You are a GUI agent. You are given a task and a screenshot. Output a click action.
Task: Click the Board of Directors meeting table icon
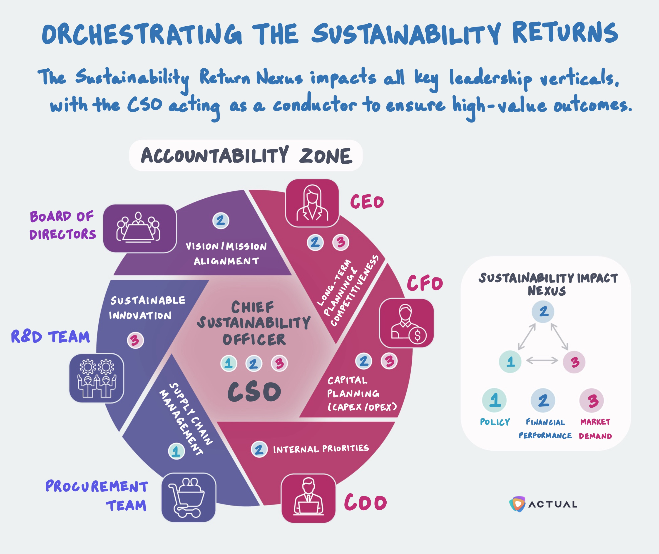[140, 228]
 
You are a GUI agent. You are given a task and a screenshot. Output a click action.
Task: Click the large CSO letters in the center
[254, 392]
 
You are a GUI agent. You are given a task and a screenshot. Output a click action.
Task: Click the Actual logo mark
[517, 504]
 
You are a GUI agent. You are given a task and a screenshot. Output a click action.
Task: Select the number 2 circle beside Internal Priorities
[259, 449]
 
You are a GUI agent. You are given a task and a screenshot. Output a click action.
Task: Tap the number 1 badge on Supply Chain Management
[177, 451]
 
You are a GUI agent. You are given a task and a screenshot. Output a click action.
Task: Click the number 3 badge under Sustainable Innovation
[135, 340]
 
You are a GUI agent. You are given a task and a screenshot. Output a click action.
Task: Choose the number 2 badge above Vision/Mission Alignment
[221, 220]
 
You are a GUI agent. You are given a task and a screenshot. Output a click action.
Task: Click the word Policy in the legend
[495, 422]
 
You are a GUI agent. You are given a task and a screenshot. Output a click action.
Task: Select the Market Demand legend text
[595, 429]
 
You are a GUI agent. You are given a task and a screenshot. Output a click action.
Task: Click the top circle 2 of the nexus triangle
[543, 312]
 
